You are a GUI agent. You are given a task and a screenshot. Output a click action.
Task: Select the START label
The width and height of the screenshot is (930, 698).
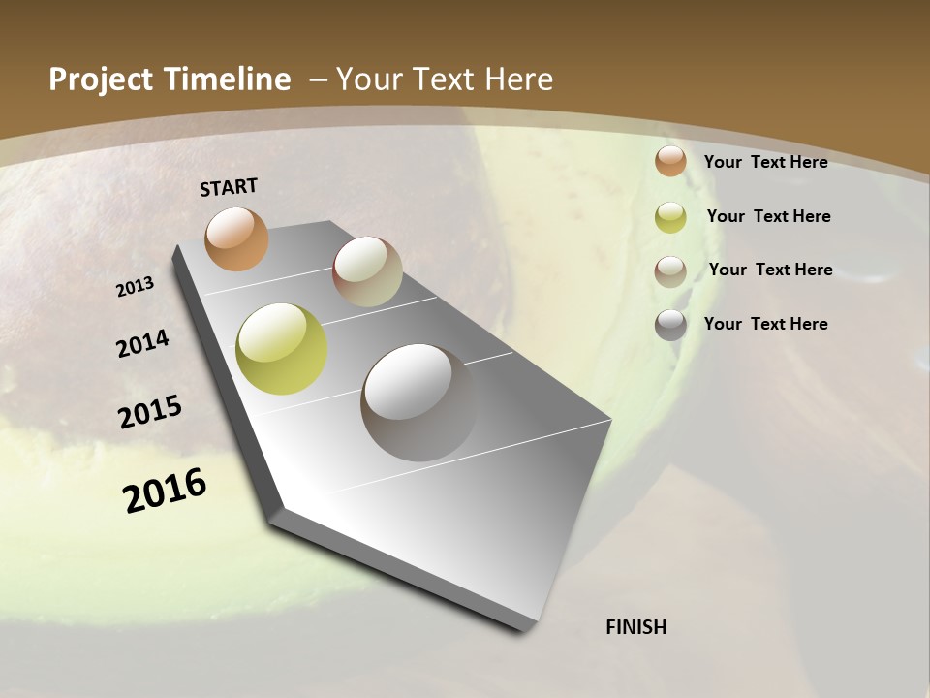(x=229, y=187)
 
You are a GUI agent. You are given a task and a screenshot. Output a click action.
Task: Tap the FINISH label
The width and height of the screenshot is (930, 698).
(x=635, y=627)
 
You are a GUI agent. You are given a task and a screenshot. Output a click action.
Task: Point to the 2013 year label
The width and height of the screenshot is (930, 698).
(x=136, y=287)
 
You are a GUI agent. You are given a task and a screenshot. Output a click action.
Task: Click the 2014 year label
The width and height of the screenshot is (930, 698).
(x=143, y=343)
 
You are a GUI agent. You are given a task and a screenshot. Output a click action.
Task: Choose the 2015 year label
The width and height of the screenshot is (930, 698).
(x=150, y=412)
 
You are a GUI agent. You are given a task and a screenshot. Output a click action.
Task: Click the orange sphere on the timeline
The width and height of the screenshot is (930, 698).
(x=236, y=238)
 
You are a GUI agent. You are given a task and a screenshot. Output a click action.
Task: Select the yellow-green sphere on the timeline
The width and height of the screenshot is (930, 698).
(x=281, y=349)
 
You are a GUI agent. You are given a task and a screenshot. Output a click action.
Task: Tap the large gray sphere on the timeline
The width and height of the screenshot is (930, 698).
(x=418, y=401)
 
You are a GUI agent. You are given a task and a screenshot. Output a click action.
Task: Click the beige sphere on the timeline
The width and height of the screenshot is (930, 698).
(x=367, y=271)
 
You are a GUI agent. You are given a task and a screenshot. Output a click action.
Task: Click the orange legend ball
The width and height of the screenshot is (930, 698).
(x=670, y=162)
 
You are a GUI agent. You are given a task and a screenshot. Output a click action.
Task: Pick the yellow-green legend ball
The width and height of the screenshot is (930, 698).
(x=670, y=217)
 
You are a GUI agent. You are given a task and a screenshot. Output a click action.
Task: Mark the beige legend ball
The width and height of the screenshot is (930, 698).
(x=670, y=270)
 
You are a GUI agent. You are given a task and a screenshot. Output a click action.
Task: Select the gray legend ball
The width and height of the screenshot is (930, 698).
(x=670, y=325)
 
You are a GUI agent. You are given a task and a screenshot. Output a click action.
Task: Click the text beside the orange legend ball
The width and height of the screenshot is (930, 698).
(x=765, y=162)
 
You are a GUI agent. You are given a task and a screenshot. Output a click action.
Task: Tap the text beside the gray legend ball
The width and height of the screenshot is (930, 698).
(x=765, y=324)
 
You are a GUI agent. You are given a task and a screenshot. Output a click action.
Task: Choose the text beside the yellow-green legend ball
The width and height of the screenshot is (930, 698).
(x=768, y=216)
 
